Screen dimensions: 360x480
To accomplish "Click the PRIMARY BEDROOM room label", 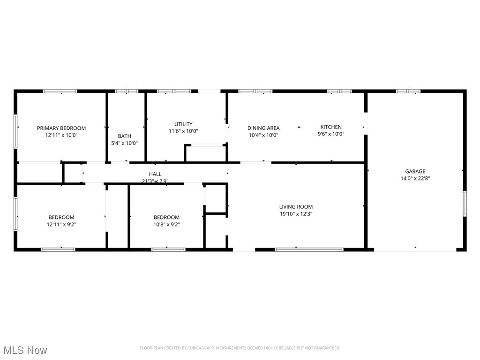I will click(61, 128).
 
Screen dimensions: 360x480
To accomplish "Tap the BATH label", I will click(124, 136).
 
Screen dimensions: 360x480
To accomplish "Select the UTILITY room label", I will click(183, 124).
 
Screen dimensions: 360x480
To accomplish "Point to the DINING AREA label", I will click(263, 128).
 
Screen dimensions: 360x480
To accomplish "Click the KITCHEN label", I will click(331, 127).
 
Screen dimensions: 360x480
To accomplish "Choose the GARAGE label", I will click(415, 172).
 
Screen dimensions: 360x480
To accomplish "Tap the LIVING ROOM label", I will click(296, 207).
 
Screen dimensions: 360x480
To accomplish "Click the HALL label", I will click(155, 174).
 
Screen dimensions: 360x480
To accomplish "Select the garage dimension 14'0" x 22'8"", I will click(415, 178).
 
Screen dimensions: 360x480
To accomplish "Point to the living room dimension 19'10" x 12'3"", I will click(296, 214).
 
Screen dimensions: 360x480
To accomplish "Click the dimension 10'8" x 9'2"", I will click(166, 224).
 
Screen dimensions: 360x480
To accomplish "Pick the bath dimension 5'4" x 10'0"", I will click(124, 143).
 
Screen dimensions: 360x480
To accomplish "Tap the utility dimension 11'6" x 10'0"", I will click(183, 131).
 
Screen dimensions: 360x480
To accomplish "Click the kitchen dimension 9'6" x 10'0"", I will click(331, 134).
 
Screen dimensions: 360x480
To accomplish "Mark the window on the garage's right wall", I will click(465, 204).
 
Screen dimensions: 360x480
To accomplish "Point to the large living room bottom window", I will click(309, 249).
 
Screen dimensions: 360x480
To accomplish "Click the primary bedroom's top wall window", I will click(60, 91).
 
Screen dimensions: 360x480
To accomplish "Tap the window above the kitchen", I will click(339, 91).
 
